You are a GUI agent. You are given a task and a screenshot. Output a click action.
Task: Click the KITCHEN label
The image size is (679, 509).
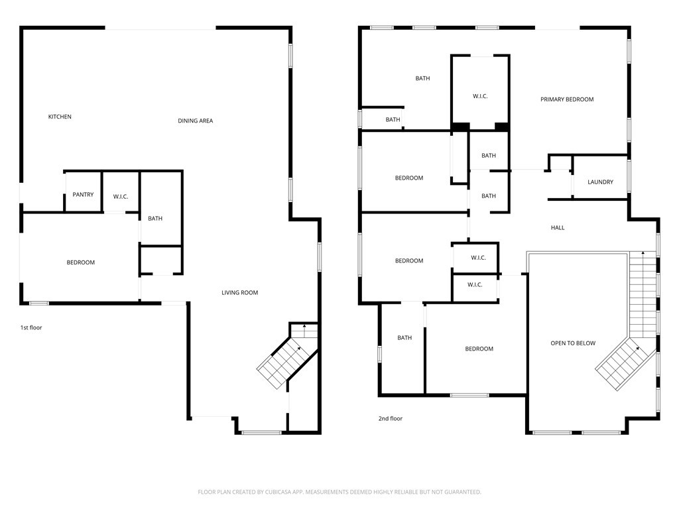[x=60, y=117]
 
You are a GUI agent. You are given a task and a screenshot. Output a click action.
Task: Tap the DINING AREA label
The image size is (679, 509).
[x=196, y=121]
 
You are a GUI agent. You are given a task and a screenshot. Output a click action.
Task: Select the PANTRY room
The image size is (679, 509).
[x=83, y=194]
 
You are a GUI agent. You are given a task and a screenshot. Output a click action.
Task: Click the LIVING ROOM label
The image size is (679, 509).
[x=240, y=292]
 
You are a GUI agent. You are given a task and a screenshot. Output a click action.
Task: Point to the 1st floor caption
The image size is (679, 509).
[x=31, y=327]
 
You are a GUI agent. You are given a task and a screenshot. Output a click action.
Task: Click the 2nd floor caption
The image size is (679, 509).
[x=391, y=419]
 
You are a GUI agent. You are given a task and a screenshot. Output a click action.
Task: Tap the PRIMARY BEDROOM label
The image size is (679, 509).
[x=567, y=99]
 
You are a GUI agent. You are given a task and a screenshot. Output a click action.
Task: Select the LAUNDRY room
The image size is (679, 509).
[x=600, y=182]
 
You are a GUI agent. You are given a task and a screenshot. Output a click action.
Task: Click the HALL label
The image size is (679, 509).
[x=558, y=228]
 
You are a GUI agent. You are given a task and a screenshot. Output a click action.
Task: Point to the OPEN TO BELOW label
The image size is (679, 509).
[x=573, y=343]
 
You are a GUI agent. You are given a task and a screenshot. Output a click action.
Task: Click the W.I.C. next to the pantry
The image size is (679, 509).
[x=121, y=196]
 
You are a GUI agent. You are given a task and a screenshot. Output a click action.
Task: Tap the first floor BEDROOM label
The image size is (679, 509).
[x=80, y=262]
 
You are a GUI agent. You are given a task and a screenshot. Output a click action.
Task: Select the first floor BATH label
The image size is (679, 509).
[x=155, y=219]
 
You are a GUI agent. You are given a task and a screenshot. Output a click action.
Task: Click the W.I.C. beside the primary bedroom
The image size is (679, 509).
[x=480, y=96]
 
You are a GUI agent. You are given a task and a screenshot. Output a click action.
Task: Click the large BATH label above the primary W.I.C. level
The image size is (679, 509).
[x=422, y=78]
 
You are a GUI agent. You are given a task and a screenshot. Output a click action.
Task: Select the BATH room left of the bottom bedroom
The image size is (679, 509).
[x=404, y=337]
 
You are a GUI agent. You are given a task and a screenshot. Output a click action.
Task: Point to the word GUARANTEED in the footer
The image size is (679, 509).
[x=463, y=492]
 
